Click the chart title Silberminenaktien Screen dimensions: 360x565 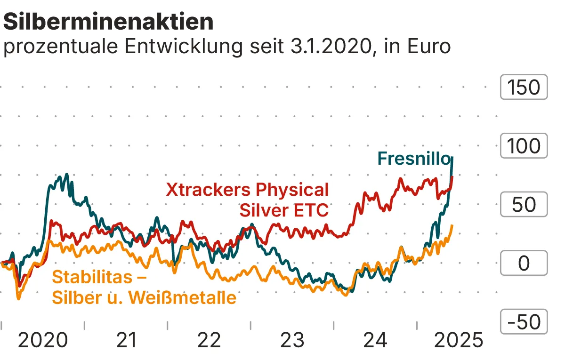pos(108,21)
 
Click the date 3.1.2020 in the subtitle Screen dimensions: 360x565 pos(330,47)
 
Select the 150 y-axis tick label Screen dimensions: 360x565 pos(524,88)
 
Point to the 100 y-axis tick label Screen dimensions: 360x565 pos(524,146)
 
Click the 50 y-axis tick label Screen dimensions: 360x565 pos(524,205)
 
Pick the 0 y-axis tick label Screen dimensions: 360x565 pos(524,264)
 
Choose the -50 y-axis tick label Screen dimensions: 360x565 pos(524,322)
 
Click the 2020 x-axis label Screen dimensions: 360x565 pos(43,340)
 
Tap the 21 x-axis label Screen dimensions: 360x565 pos(126,340)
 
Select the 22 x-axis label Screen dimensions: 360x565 pos(209,340)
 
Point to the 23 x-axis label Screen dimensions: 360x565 pos(292,340)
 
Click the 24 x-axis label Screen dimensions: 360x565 pos(375,340)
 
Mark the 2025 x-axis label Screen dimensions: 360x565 pos(458,340)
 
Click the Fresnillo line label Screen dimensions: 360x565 pos(414,158)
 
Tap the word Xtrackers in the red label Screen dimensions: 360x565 pos(209,190)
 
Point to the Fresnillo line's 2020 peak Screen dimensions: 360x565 pos(66,175)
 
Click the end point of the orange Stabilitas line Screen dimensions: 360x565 pos(452,226)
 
